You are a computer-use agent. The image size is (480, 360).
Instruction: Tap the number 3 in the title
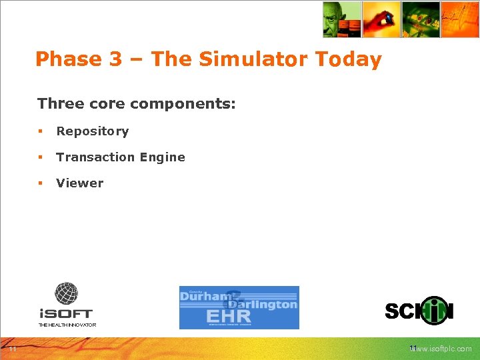pyautogui.click(x=115, y=59)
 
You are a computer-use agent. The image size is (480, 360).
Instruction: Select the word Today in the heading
pyautogui.click(x=348, y=59)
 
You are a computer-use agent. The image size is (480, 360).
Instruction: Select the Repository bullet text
pyautogui.click(x=92, y=131)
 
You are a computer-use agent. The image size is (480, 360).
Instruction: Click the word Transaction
pyautogui.click(x=87, y=157)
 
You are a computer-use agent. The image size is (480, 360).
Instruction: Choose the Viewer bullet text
pyautogui.click(x=80, y=183)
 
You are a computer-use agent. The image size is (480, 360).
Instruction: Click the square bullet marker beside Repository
pyautogui.click(x=41, y=131)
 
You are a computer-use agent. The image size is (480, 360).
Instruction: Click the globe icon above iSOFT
pyautogui.click(x=66, y=293)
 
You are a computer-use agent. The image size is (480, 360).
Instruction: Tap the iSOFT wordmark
pyautogui.click(x=65, y=313)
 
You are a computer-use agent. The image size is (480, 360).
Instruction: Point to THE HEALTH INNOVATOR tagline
pyautogui.click(x=67, y=325)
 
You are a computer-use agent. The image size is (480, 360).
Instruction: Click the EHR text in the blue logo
pyautogui.click(x=229, y=315)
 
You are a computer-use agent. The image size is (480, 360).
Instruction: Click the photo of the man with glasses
pyautogui.click(x=341, y=19)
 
